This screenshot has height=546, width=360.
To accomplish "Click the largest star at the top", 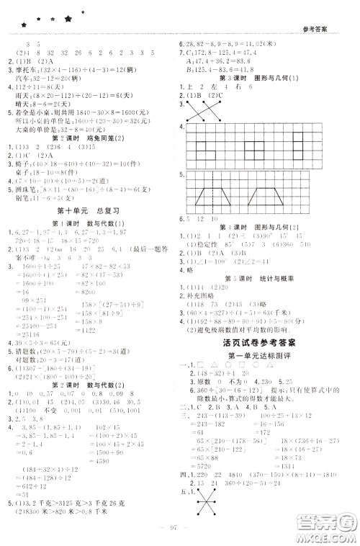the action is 68,19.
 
